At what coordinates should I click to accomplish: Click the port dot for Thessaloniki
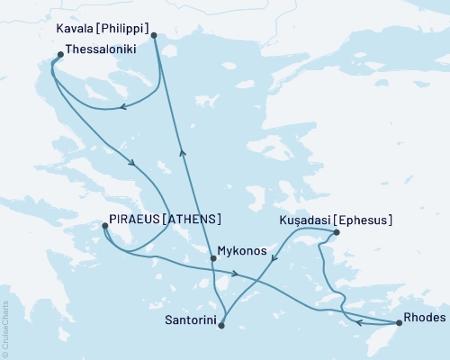pyautogui.click(x=59, y=55)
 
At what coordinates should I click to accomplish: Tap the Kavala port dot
pyautogui.click(x=154, y=36)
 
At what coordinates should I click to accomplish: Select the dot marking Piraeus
pyautogui.click(x=105, y=228)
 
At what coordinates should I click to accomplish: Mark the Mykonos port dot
pyautogui.click(x=212, y=259)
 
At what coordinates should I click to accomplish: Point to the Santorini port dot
pyautogui.click(x=221, y=326)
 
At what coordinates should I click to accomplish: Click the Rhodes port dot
pyautogui.click(x=399, y=322)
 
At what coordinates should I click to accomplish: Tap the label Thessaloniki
pyautogui.click(x=101, y=51)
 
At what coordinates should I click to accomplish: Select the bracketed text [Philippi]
pyautogui.click(x=121, y=27)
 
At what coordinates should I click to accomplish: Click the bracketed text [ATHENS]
pyautogui.click(x=193, y=219)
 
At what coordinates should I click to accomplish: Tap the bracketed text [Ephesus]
pyautogui.click(x=363, y=219)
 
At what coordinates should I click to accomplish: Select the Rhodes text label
pyautogui.click(x=424, y=316)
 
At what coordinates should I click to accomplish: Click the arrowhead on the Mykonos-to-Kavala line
pyautogui.click(x=182, y=152)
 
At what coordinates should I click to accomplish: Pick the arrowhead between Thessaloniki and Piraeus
pyautogui.click(x=133, y=163)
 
